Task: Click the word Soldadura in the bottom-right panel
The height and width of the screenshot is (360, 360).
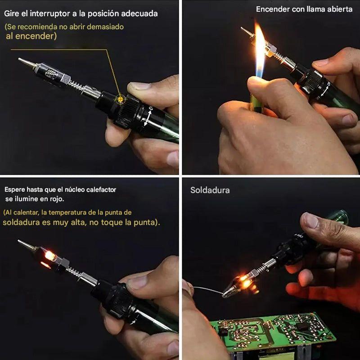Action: (x=210, y=190)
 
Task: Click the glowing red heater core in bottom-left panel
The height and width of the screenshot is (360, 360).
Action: (x=49, y=256)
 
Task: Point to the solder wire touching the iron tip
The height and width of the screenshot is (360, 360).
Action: (x=207, y=290)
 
